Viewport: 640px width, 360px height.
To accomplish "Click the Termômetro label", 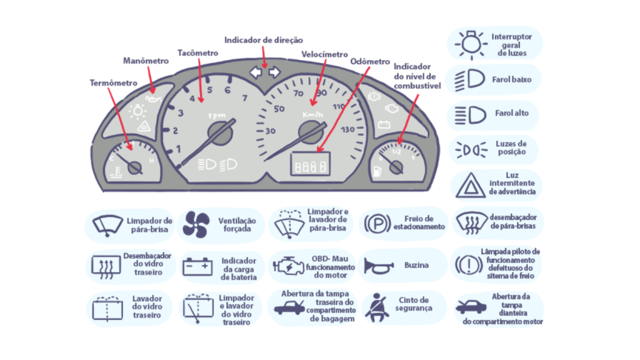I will coord(113,82).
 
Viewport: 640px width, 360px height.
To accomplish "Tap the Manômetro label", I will coord(146,61).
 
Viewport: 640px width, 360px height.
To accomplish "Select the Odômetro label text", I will coord(370,62).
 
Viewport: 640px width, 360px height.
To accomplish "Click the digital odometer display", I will coord(311,165).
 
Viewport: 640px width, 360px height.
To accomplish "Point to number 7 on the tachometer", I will coord(244,98).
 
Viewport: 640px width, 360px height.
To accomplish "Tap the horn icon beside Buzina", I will coord(379,266).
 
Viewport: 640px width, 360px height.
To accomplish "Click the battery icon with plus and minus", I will coord(197,267).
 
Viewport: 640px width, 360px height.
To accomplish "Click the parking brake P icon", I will coord(377,223).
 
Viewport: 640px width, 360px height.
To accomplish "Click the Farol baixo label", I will coord(511,79).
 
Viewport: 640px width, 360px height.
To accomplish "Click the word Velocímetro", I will coord(324,54).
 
